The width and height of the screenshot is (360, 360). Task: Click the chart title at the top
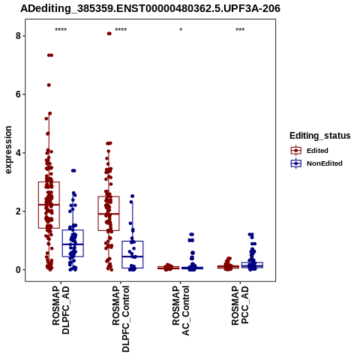coord(150,8)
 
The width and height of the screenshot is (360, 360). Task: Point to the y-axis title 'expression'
coord(8,150)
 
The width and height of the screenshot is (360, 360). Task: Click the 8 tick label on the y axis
coord(18,36)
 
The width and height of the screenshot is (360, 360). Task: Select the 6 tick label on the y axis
coord(18,94)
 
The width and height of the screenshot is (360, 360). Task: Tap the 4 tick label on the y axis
coord(18,153)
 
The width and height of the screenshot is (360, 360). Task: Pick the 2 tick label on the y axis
coord(18,211)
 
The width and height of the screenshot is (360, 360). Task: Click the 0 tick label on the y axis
coord(18,270)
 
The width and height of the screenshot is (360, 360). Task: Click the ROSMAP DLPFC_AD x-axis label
coord(61,310)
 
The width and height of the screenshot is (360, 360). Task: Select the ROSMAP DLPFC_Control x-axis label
coord(121,319)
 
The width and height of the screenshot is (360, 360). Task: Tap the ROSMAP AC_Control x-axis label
coord(181,310)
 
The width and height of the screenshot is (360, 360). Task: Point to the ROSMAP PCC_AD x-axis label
coord(240,305)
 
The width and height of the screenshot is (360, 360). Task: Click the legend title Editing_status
coord(320,136)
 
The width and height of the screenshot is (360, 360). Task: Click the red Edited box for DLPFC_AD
coord(49,205)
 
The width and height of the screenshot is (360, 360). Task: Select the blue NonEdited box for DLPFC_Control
coord(133,254)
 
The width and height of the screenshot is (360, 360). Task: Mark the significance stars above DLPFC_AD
coord(61,30)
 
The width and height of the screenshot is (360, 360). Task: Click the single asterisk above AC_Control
coord(181,30)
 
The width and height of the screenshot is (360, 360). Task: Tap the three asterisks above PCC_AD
coord(240,30)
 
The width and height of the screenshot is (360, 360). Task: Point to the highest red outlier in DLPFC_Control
coord(109,34)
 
